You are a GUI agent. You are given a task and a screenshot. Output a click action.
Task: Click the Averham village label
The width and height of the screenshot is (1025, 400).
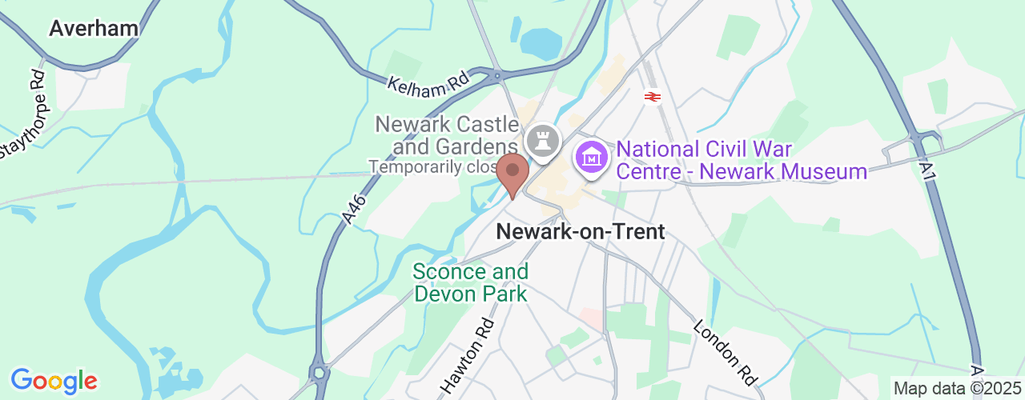click(x=94, y=28)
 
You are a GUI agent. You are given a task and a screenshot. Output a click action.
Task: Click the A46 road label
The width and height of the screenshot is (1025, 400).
click(x=350, y=206)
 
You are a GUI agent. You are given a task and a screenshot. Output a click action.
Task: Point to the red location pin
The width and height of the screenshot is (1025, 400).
click(x=512, y=174)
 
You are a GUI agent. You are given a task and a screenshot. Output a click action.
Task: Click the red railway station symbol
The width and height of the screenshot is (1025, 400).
click(x=653, y=97)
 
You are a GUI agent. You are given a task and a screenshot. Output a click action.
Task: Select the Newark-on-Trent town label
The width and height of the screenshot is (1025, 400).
click(x=581, y=232)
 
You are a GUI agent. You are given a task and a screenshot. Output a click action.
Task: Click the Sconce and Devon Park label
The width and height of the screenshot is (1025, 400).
click(x=470, y=283)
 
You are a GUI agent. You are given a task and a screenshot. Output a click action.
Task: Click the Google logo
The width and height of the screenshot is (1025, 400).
click(x=54, y=381)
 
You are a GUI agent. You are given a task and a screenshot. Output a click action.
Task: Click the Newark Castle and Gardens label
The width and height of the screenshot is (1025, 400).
click(x=447, y=135)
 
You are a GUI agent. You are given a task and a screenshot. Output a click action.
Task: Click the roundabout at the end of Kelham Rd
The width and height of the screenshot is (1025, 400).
click(x=498, y=77)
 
